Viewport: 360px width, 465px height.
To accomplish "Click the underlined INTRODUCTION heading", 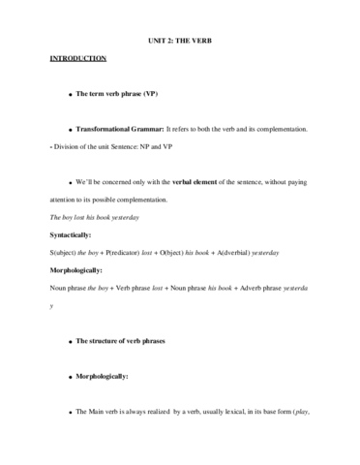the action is (78, 59).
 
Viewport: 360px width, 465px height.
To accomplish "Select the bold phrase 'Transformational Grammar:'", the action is (121, 129).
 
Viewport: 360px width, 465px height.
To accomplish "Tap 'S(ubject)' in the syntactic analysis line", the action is (66, 253).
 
